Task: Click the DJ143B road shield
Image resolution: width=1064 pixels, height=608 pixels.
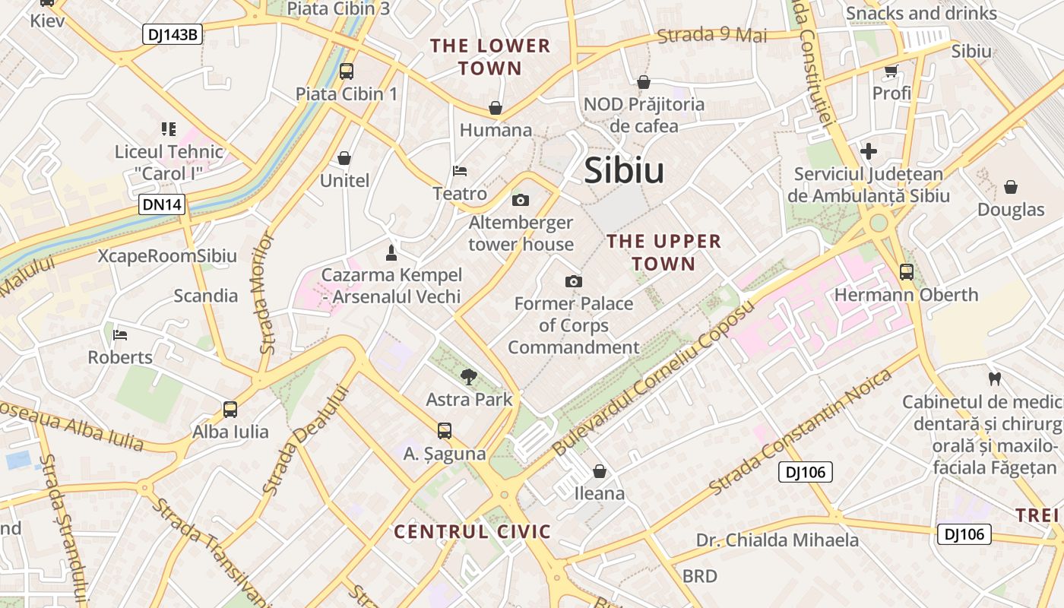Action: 173,34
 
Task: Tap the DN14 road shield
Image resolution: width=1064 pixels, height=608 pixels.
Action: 162,204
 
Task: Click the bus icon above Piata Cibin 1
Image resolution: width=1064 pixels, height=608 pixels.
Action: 347,71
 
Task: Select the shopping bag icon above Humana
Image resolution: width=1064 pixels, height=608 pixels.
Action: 496,108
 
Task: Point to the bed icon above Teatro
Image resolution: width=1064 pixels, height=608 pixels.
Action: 459,171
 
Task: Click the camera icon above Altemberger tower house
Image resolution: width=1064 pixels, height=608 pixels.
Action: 521,201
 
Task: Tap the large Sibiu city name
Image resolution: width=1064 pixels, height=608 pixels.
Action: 624,171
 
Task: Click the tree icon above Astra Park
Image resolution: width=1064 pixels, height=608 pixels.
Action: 469,375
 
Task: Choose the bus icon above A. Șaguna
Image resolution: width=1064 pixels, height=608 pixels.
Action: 445,431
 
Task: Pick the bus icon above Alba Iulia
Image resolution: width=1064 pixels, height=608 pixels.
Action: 230,409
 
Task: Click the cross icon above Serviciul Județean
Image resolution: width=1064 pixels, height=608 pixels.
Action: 869,151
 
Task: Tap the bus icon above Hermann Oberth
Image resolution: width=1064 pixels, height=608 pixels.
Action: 906,271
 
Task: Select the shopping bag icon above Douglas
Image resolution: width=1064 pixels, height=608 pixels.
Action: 1011,187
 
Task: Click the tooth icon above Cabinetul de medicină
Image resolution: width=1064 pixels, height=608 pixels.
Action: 993,378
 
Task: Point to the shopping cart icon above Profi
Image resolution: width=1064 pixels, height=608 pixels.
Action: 891,71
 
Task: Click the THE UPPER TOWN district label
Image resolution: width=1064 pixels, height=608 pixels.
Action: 664,252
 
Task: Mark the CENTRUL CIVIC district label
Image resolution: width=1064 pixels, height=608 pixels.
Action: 472,531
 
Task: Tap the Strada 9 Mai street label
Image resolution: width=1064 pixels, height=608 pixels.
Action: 712,35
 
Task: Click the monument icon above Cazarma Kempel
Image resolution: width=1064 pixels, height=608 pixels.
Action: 391,252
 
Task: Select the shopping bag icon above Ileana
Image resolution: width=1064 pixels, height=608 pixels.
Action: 600,471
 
